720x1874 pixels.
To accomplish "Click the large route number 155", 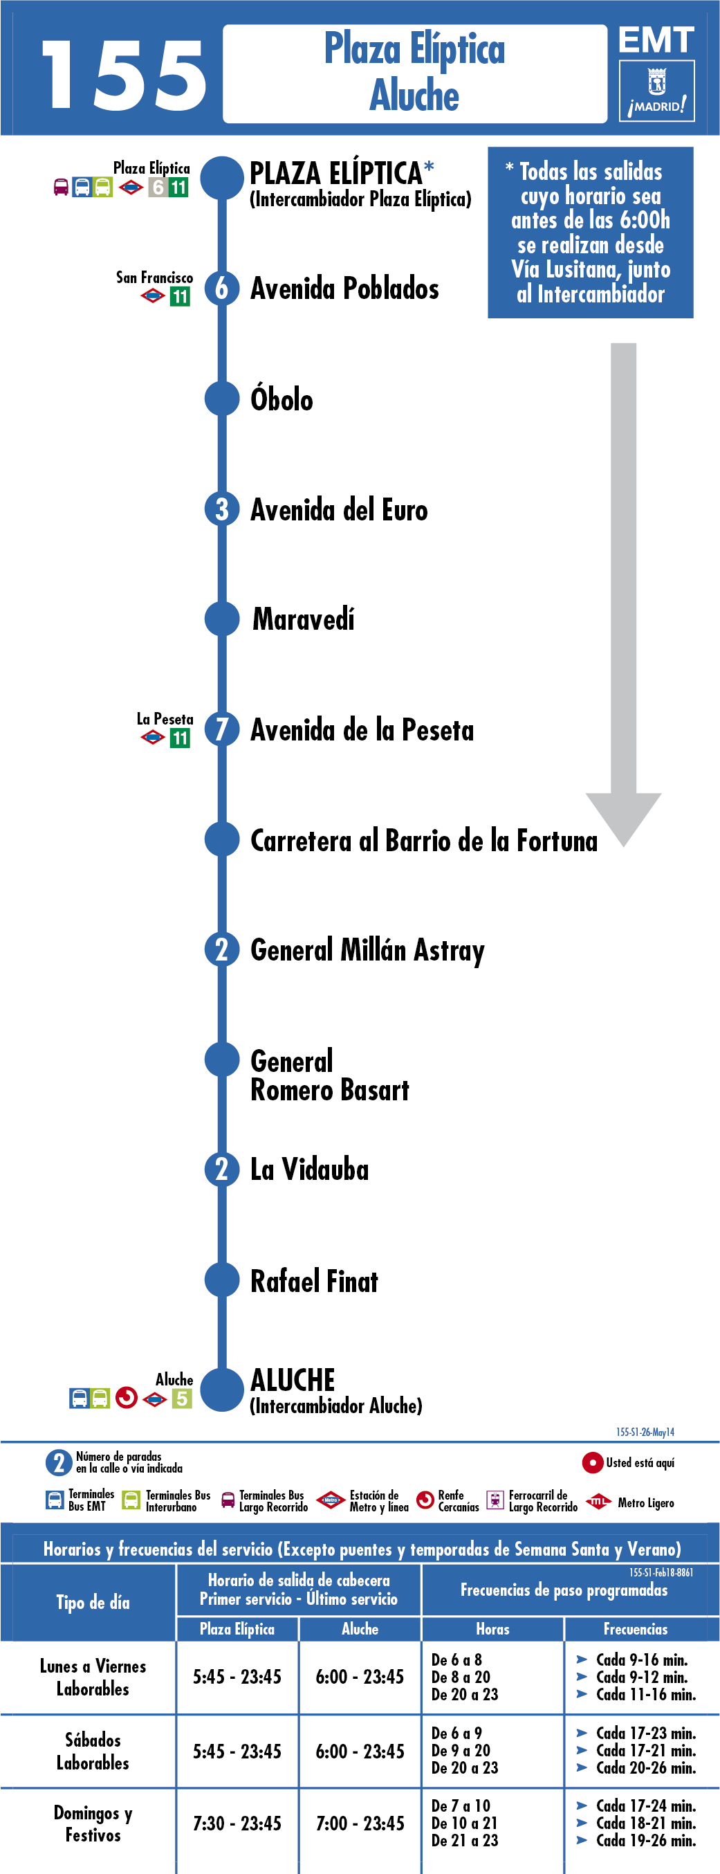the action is click(x=124, y=75).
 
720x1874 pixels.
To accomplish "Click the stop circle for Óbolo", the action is click(x=222, y=399).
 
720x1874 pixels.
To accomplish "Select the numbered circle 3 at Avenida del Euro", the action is click(x=222, y=509).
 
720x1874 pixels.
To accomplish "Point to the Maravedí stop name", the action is click(x=303, y=619).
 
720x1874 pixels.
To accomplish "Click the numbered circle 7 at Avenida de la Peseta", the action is click(x=222, y=729).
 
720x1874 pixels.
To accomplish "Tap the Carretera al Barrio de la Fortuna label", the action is click(x=424, y=840).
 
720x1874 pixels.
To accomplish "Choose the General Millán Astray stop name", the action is click(x=367, y=951).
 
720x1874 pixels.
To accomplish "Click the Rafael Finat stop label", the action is click(x=314, y=1281).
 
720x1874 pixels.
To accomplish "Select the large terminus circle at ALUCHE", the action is click(x=222, y=1390).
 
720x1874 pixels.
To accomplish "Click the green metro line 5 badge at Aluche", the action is click(x=182, y=1398).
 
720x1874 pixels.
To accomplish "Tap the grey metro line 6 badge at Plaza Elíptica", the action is click(x=158, y=187).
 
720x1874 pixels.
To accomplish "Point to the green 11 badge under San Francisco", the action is click(x=180, y=297).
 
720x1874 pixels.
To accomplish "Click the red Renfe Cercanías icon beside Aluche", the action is click(x=127, y=1398).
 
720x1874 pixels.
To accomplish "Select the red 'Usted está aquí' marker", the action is click(x=592, y=1462).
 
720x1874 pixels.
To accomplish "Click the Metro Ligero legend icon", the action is click(x=598, y=1502).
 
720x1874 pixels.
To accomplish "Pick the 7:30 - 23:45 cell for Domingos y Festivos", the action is click(x=237, y=1823).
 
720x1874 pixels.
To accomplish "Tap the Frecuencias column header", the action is click(x=636, y=1629).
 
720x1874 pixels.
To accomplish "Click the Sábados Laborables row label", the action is click(x=93, y=1751).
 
